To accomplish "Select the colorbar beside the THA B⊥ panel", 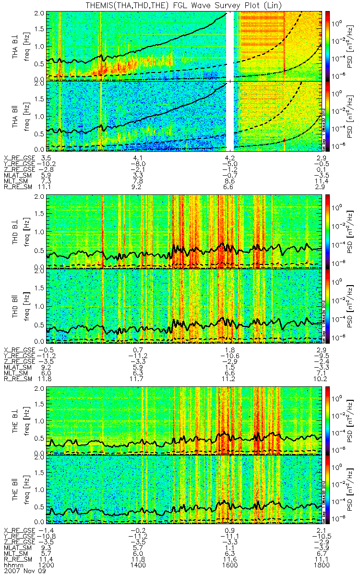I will pos(328,45).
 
